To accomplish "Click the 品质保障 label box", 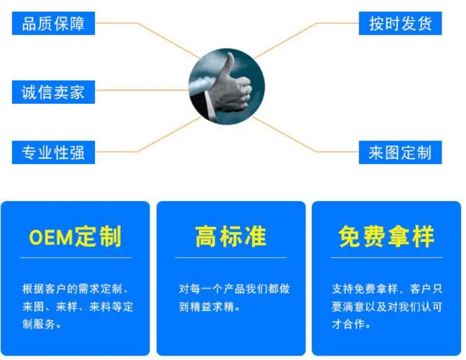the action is [53, 23].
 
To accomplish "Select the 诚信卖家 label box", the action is [53, 92].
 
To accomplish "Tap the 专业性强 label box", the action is [53, 152].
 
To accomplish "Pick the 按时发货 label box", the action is [400, 23].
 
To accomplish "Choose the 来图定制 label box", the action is [400, 152].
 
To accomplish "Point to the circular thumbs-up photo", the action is [227, 87].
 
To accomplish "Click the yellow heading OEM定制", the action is [75, 237].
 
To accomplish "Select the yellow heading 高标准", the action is [231, 237].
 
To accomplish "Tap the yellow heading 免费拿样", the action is [386, 237].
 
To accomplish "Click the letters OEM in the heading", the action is [51, 237].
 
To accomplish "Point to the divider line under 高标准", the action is [231, 257].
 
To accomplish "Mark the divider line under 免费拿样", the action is [386, 257].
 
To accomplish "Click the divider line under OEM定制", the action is [76, 257].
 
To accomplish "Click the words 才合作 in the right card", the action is [348, 324].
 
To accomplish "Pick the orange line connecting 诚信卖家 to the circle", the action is [142, 90].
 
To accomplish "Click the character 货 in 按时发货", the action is [424, 24].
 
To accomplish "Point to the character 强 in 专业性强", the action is [77, 152].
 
